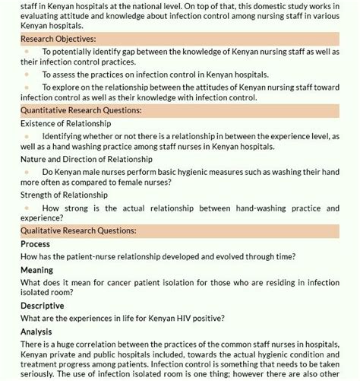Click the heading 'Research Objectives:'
[58, 38]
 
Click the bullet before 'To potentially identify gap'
[27, 50]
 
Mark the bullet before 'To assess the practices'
[27, 75]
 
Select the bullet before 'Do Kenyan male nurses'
[27, 171]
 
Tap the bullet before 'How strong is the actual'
[27, 207]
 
